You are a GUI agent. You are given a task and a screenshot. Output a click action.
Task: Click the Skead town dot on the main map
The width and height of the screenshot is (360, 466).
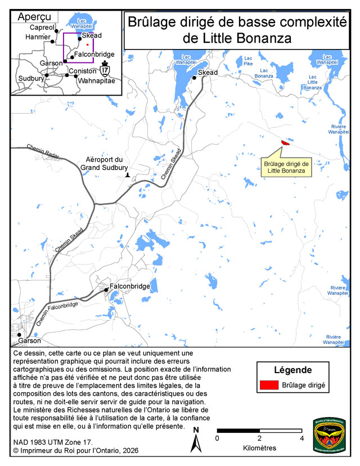[194, 78]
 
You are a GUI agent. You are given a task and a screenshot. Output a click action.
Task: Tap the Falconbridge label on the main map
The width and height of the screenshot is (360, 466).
[129, 286]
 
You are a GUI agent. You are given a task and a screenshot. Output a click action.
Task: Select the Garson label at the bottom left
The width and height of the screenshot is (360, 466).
[29, 340]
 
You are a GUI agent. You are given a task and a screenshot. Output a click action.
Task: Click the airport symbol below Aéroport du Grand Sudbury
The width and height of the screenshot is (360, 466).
[128, 175]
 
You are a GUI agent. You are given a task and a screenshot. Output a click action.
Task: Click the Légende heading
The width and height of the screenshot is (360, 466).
[293, 370]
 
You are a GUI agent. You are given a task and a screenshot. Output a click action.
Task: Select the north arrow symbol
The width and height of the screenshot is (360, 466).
[196, 440]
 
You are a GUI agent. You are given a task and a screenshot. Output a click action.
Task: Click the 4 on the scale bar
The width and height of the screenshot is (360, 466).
[301, 438]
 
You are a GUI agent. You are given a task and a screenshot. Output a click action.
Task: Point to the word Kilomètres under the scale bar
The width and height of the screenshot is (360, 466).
[259, 448]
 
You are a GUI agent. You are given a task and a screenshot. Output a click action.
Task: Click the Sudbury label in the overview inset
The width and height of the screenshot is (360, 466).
[31, 79]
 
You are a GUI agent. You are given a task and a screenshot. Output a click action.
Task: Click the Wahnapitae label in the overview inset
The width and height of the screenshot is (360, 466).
[96, 81]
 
